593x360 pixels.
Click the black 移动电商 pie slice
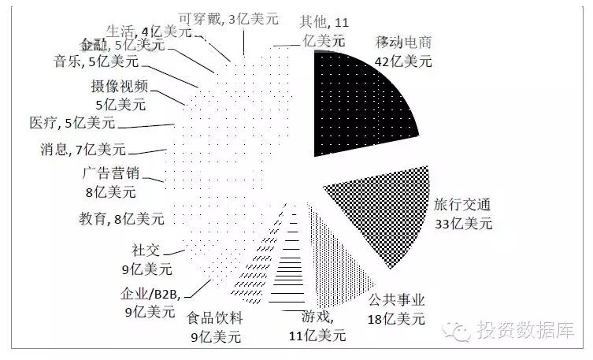[358, 110]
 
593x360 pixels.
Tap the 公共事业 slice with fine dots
[335, 252]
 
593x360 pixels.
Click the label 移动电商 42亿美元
[404, 52]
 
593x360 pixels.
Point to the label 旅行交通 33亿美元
[463, 213]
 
